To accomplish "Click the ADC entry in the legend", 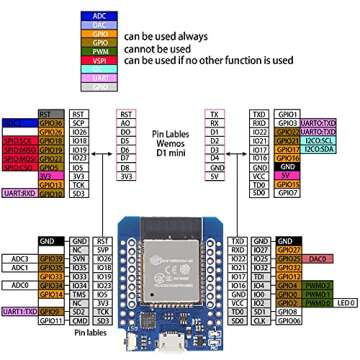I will [x=98, y=15].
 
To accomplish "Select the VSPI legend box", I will [x=98, y=60].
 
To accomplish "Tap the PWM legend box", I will [x=98, y=49].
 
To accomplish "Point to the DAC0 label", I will [x=319, y=258].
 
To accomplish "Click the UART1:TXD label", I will [x=21, y=312].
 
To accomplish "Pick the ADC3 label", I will [x=22, y=258].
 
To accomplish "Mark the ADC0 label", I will [x=22, y=285].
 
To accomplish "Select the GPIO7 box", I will [x=289, y=193].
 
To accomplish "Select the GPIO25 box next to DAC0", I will [x=289, y=258].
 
